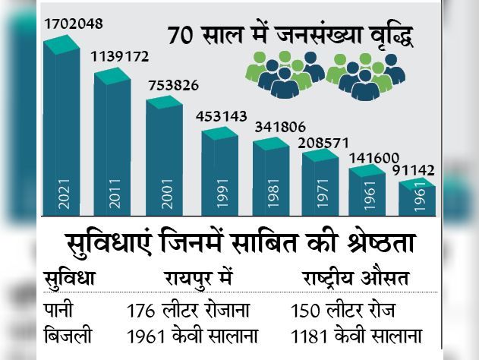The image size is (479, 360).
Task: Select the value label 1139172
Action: [120, 57]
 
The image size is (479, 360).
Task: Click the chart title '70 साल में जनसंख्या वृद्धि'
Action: [290, 36]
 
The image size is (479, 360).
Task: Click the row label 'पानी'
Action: [61, 310]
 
